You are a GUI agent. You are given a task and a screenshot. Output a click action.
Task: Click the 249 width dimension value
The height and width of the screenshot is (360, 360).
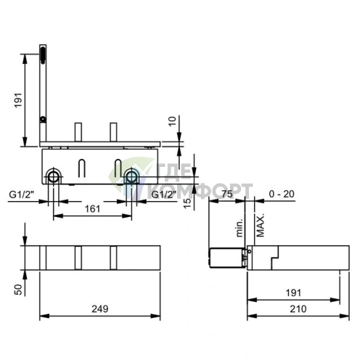pyautogui.click(x=100, y=308)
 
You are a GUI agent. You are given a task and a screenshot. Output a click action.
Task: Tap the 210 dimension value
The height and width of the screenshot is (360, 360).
pyautogui.click(x=298, y=308)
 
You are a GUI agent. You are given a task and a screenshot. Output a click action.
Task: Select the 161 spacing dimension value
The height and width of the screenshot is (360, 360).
pyautogui.click(x=92, y=209)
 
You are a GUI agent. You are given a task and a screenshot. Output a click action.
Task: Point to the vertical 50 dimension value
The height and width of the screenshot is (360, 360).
pyautogui.click(x=18, y=290)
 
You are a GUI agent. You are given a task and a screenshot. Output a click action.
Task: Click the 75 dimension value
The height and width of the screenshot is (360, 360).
pyautogui.click(x=226, y=194)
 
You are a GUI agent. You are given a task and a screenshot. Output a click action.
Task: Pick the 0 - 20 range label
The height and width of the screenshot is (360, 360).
pyautogui.click(x=282, y=194)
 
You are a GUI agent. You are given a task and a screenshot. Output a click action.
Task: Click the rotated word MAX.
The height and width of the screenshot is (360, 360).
pyautogui.click(x=260, y=225)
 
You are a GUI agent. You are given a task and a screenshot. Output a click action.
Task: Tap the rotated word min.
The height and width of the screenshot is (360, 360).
pyautogui.click(x=240, y=228)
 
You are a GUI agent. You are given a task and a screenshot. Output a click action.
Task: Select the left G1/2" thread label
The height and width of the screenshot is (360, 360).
pyautogui.click(x=22, y=195)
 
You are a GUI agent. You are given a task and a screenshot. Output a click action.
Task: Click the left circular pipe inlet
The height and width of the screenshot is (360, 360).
pyautogui.click(x=54, y=176)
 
